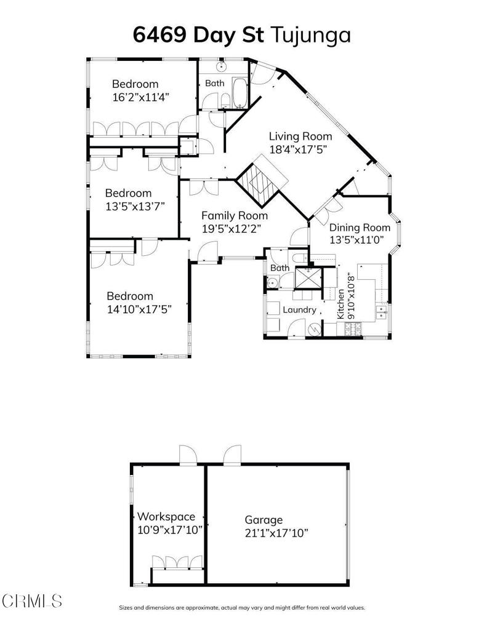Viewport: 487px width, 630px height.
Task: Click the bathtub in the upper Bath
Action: coord(239,92)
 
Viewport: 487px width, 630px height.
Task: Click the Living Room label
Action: coord(300,136)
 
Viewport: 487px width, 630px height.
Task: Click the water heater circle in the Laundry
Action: coord(315,330)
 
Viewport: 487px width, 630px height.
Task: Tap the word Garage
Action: coord(264,520)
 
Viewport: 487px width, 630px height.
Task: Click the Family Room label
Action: coord(235,216)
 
